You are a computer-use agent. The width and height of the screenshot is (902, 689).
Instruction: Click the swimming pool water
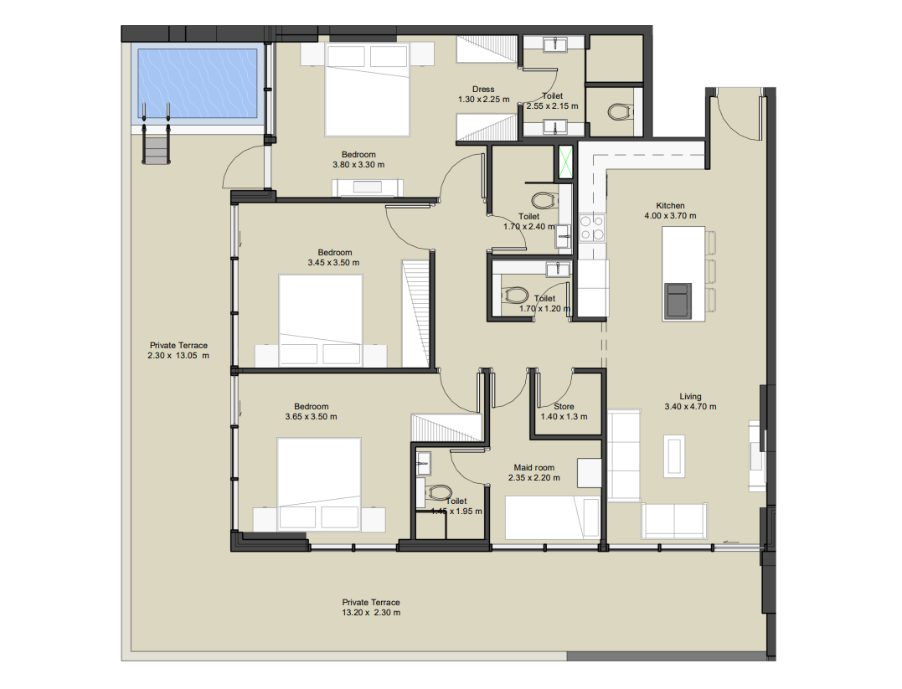(x=198, y=84)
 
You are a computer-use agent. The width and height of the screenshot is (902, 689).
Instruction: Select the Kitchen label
(x=670, y=205)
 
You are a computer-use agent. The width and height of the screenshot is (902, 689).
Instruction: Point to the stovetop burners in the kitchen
(x=592, y=227)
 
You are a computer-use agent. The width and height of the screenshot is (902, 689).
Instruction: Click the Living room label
(x=690, y=396)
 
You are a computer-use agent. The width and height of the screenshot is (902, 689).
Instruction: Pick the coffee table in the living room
(x=674, y=455)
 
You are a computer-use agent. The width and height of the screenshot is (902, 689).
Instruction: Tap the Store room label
(x=564, y=406)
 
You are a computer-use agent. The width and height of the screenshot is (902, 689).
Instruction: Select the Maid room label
(x=533, y=468)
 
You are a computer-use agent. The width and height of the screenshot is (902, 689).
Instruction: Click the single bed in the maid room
(x=552, y=517)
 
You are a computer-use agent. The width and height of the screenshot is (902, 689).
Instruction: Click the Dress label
(x=483, y=89)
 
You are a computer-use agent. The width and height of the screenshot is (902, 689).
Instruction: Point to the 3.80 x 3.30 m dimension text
(x=358, y=164)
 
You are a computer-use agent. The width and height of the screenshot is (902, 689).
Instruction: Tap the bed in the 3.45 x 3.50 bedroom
(x=321, y=321)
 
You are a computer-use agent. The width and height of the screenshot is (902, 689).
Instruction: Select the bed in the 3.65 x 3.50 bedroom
(x=319, y=484)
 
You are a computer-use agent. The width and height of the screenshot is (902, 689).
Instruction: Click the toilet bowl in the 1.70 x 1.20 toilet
(x=515, y=296)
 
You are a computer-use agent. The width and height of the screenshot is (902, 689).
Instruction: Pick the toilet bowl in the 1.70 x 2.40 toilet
(x=544, y=201)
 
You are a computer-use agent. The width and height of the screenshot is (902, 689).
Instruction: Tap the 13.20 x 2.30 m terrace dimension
(x=371, y=613)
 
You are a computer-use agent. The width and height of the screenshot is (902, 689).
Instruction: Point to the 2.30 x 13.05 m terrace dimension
(x=178, y=356)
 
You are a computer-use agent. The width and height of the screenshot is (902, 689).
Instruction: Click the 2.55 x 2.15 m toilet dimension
(x=552, y=105)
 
